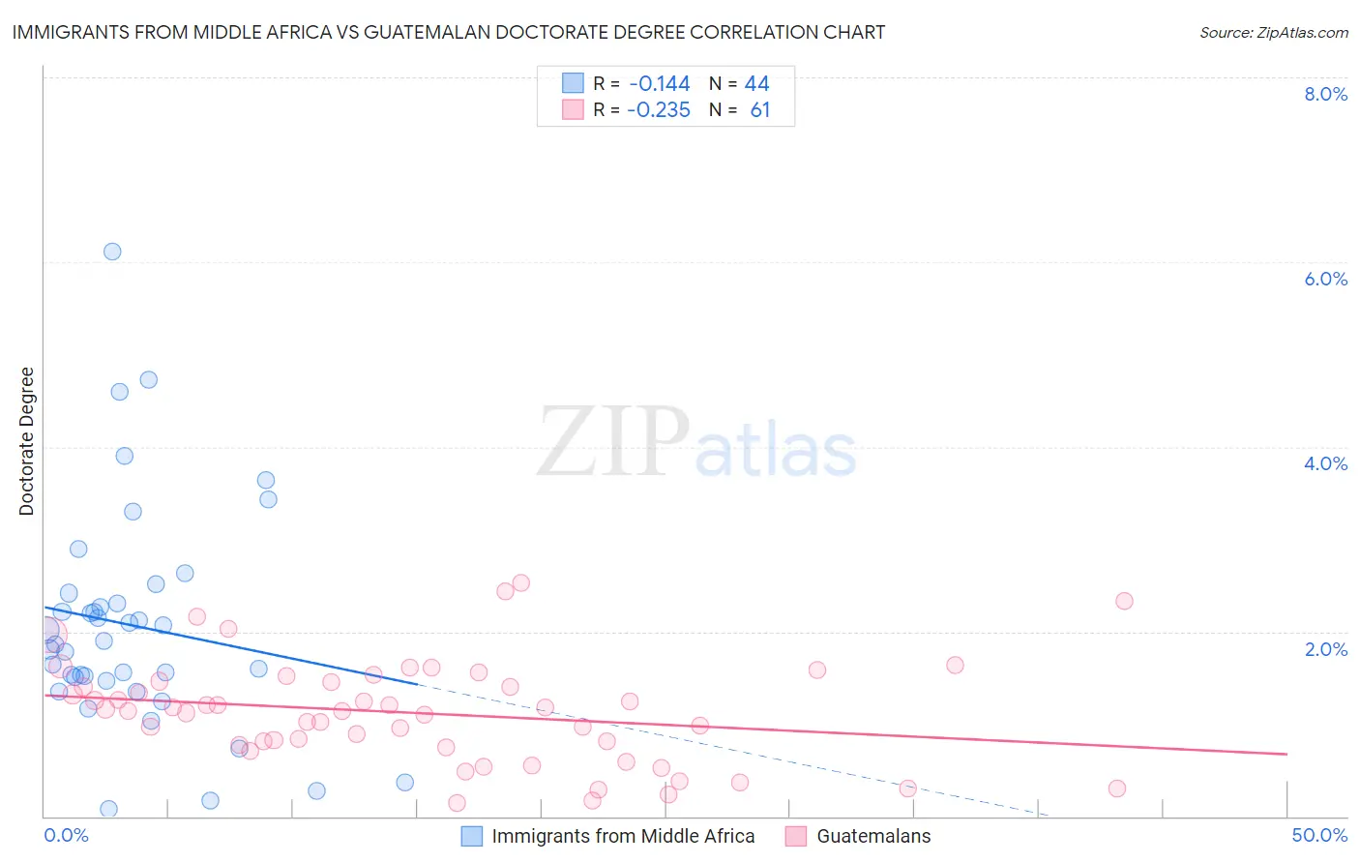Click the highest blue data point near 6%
pos(112,252)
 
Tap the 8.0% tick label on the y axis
pos(1325,94)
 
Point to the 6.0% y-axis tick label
pos(1325,279)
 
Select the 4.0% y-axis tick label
pos(1325,463)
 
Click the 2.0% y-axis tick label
pos(1325,649)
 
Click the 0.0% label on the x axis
pos(66,835)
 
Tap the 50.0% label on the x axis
pos(1319,835)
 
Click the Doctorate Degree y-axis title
pos(27,441)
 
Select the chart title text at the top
pos(448,32)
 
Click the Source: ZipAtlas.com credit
pos(1273,33)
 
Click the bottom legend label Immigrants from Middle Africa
pos(623,836)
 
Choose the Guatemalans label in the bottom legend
pos(873,836)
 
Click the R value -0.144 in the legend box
pos(659,84)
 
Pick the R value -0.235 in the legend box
pos(659,110)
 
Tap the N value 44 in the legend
pos(756,84)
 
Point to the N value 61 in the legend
pos(760,110)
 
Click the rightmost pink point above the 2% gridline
pos(1124,601)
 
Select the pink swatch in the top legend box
pos(573,109)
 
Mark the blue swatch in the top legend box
pos(573,83)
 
